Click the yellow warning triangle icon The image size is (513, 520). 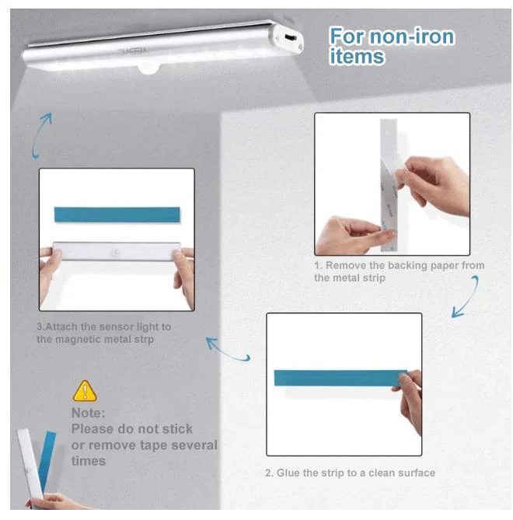point(85,392)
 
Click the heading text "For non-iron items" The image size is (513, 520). point(392,46)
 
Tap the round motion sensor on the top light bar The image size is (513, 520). point(148,68)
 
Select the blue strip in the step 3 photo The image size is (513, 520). point(117,215)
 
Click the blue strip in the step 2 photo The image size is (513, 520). point(340,378)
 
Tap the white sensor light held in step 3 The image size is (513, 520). point(117,251)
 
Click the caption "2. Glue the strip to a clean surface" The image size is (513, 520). point(351,473)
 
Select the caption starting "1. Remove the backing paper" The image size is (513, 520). point(400,271)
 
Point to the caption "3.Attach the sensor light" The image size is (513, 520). point(104,333)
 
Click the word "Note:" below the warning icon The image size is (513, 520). point(88,414)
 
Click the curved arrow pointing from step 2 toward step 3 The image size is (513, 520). point(228,350)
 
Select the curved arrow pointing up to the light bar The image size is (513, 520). point(40,135)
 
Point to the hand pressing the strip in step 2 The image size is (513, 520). point(409,401)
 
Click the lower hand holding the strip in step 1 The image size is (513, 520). point(351,236)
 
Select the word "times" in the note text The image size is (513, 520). point(89,461)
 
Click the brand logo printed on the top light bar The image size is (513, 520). point(134,51)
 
